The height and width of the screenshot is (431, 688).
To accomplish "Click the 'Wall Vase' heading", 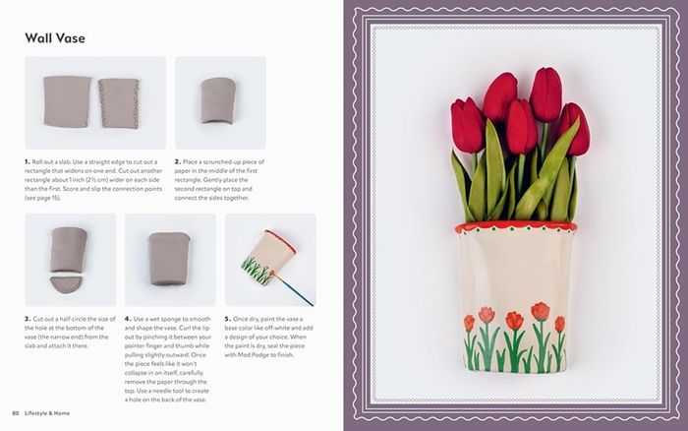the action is tap(55, 38).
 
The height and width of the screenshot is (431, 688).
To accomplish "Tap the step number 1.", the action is tap(28, 161).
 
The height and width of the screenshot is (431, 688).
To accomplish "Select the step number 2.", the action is tap(178, 161).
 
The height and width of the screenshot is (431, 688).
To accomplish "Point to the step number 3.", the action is tap(28, 319).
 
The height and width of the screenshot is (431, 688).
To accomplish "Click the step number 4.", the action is tap(128, 319).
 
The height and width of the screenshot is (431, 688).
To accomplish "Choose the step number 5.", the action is tap(228, 319).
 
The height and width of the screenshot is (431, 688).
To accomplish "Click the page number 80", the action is tap(16, 413).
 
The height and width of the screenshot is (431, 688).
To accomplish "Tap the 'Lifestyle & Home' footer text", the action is tap(47, 413).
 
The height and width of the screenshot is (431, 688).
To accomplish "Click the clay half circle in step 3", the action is tap(66, 284).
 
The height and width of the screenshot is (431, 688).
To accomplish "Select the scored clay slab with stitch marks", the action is tap(119, 103).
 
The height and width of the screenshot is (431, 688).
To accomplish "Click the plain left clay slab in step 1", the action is tap(67, 101).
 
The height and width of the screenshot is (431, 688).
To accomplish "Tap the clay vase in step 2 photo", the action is tap(218, 100).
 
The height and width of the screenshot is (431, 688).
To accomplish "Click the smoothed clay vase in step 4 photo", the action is tap(169, 259).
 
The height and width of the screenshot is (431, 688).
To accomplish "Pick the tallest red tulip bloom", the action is tap(545, 94).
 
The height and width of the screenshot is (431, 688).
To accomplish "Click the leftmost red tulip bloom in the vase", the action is tap(468, 125).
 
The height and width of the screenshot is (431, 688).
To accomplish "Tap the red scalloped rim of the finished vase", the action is tap(516, 228).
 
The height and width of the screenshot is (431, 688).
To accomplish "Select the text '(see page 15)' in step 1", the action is tap(42, 198).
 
